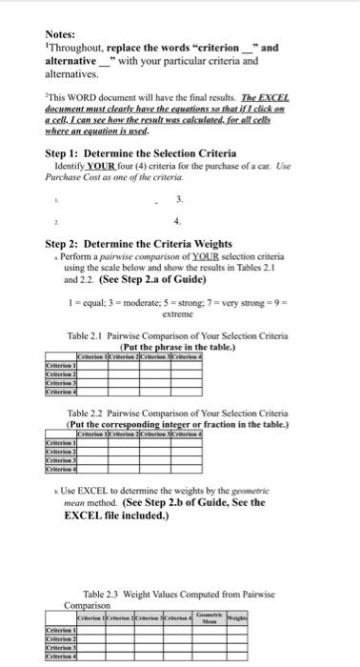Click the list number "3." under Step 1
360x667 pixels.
pyautogui.click(x=181, y=197)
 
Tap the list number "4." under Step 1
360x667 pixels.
pyautogui.click(x=181, y=219)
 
